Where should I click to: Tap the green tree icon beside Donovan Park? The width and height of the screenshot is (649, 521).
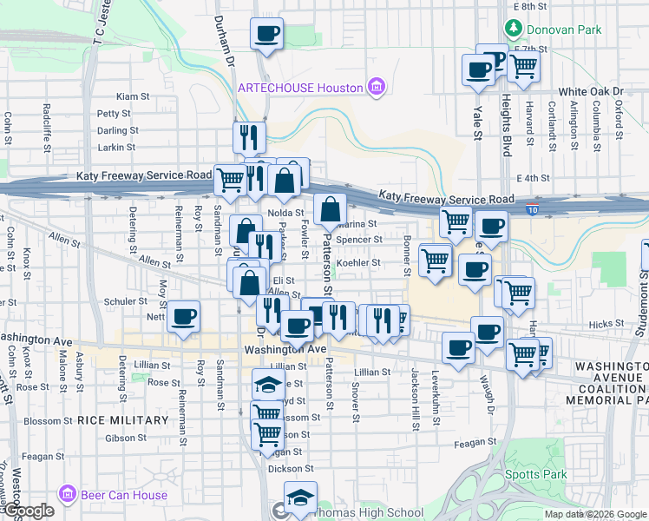coord(514,29)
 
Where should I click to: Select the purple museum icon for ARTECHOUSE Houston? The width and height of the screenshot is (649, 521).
coord(376,87)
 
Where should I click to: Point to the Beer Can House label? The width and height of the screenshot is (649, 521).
coord(123,495)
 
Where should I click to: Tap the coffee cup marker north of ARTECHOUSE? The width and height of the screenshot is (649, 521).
coord(266,36)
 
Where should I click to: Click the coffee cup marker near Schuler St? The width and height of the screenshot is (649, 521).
coord(183,317)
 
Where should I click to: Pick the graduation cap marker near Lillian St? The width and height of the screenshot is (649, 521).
coord(268,384)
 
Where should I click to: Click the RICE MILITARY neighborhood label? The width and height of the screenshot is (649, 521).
coord(122,420)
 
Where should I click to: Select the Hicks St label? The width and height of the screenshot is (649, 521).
coord(600,323)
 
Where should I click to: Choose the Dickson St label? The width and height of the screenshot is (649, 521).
coord(289,469)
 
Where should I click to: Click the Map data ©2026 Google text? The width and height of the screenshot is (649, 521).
coord(595,514)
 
